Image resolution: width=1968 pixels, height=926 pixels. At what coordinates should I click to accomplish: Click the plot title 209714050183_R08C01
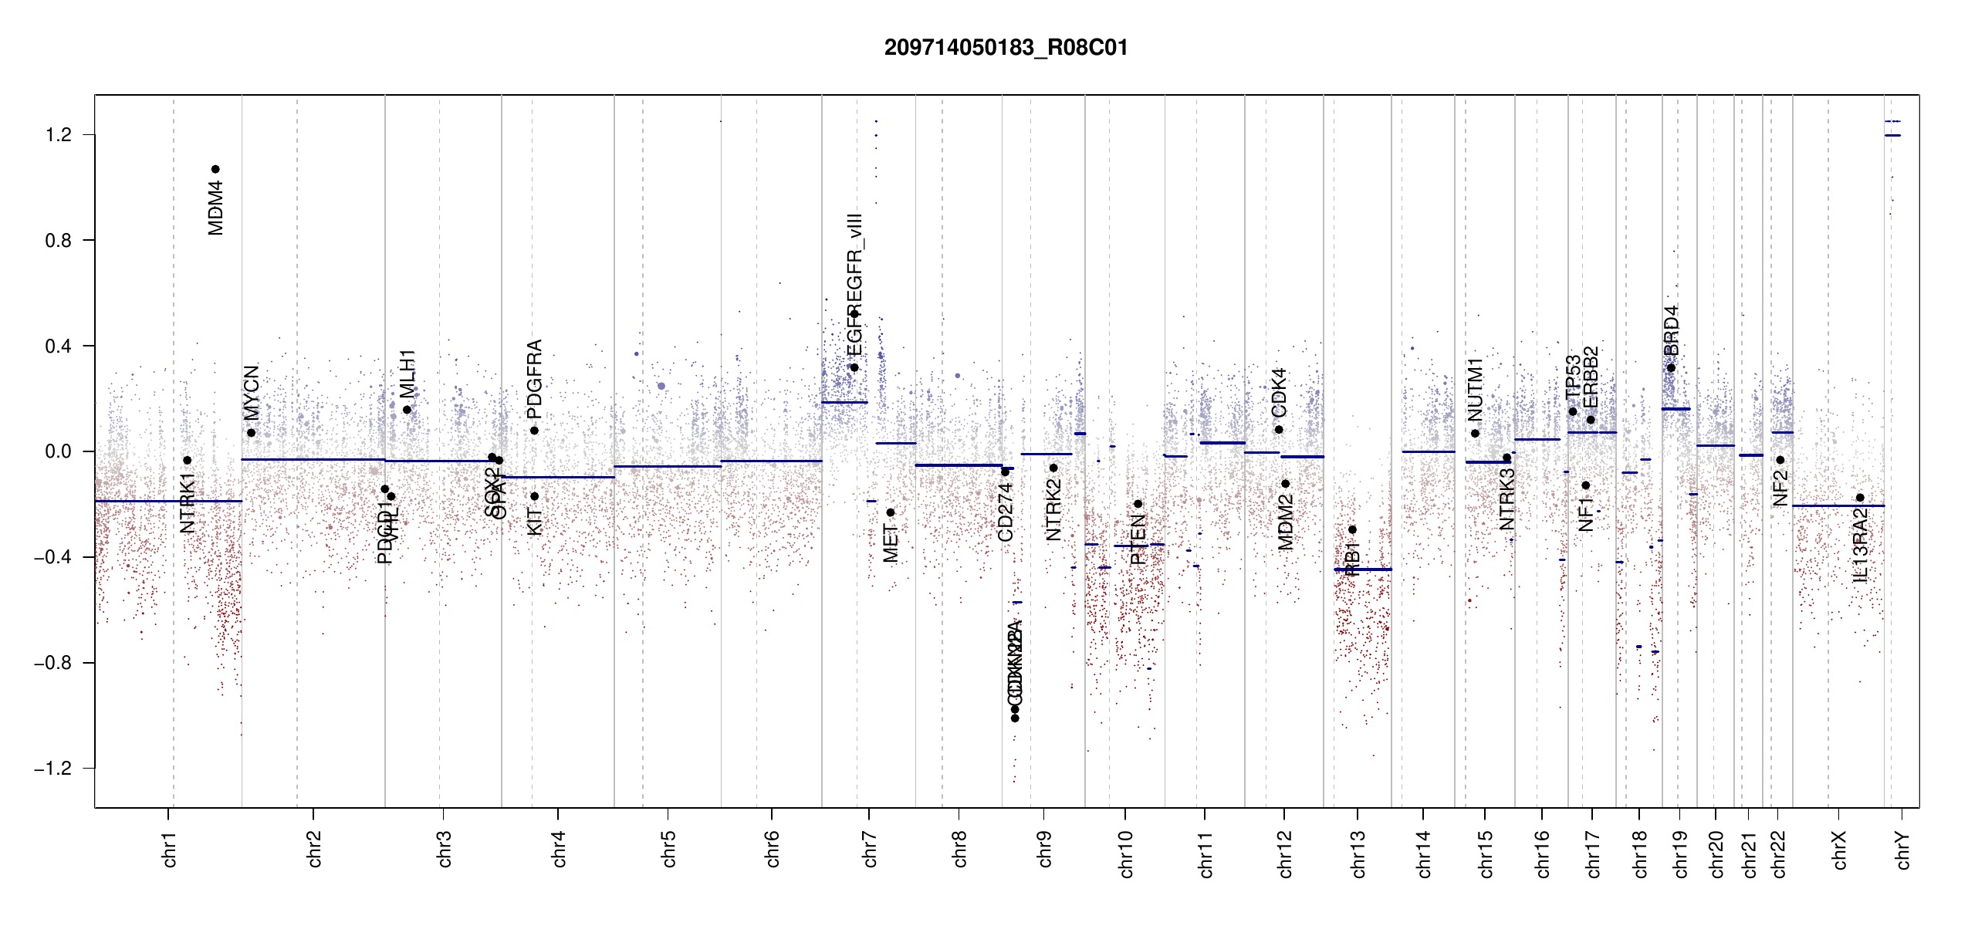[1006, 48]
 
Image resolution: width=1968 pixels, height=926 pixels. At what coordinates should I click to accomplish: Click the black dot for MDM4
[216, 169]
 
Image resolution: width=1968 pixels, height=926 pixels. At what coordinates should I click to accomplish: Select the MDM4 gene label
[216, 208]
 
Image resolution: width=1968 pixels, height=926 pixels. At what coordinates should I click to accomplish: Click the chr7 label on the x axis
[870, 849]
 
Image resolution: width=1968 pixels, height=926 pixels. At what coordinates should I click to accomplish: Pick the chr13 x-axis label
[1358, 853]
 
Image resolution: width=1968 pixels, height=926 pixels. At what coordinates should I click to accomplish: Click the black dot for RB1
[1352, 529]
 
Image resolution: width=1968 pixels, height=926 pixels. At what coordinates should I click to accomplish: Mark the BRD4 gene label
[1671, 330]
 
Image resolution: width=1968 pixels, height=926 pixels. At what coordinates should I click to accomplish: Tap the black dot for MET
[890, 512]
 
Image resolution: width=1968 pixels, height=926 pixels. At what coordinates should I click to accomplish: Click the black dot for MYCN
[251, 433]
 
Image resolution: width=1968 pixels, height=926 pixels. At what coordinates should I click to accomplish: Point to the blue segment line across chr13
[1363, 569]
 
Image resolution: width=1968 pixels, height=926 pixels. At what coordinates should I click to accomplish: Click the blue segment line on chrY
[1892, 136]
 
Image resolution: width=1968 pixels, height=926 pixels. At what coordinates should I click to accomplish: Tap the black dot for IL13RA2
[1860, 498]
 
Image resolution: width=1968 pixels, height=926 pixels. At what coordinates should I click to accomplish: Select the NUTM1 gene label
[1476, 389]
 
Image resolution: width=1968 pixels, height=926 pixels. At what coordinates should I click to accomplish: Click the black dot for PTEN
[1138, 504]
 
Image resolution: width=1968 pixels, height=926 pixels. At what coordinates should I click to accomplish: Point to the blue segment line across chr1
[168, 501]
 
